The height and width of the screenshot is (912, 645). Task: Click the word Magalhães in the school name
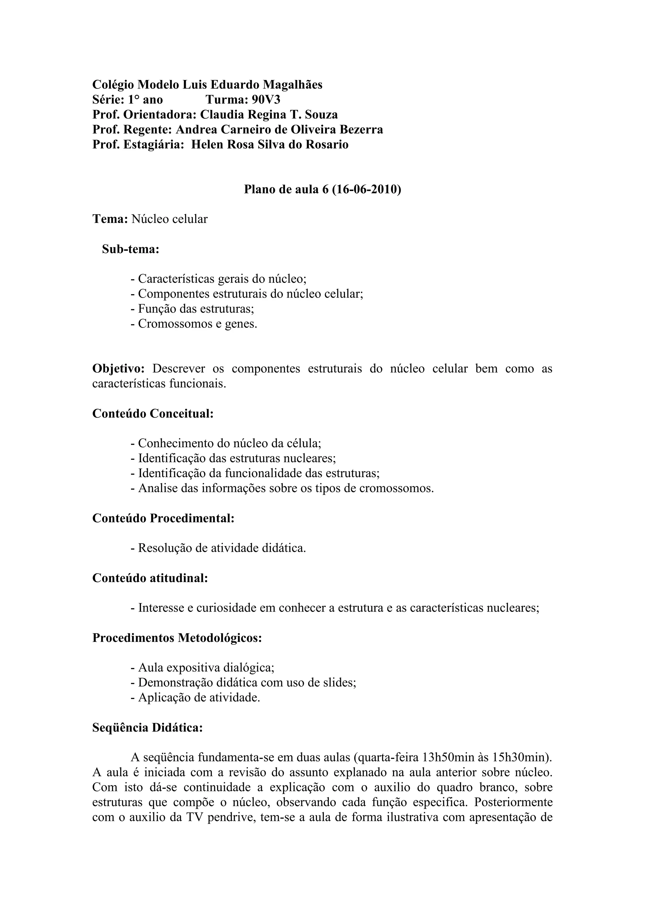[x=293, y=85]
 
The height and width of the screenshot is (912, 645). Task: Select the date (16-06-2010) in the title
[x=366, y=190]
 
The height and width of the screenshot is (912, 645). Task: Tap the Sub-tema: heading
[x=130, y=249]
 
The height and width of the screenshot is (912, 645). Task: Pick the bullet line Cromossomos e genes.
[x=194, y=324]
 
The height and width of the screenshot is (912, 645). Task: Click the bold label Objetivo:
[x=119, y=369]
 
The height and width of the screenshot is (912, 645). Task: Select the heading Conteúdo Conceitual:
[x=153, y=414]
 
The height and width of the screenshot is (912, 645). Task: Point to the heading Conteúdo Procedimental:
[x=163, y=518]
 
